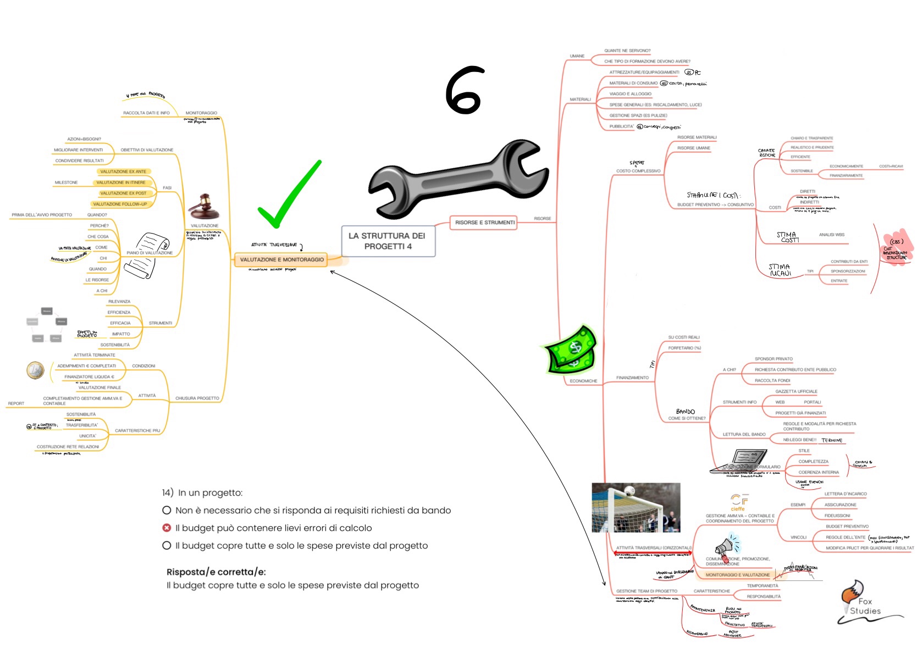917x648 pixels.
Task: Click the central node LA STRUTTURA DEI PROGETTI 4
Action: pyautogui.click(x=388, y=241)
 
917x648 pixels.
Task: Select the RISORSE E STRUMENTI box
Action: pyautogui.click(x=484, y=223)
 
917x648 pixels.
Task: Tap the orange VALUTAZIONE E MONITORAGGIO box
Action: pyautogui.click(x=281, y=259)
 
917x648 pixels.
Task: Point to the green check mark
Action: pyautogui.click(x=288, y=196)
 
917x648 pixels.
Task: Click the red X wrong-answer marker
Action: pyautogui.click(x=167, y=528)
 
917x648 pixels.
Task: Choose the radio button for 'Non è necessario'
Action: pyautogui.click(x=167, y=510)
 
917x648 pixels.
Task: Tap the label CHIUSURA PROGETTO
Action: pyautogui.click(x=197, y=398)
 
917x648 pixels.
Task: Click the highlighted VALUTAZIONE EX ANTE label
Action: pyautogui.click(x=123, y=171)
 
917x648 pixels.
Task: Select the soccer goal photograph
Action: pyautogui.click(x=636, y=508)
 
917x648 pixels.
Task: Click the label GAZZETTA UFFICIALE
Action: pyautogui.click(x=796, y=391)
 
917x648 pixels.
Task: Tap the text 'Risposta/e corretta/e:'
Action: pyautogui.click(x=216, y=572)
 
